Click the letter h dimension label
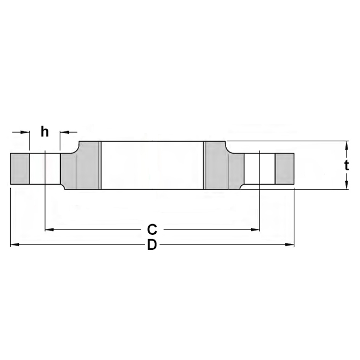point(45,132)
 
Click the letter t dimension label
point(347,165)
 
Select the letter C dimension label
point(152,229)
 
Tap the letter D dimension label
point(152,244)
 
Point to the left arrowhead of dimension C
point(49,229)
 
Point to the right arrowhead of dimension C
point(255,229)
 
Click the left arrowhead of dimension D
point(15,244)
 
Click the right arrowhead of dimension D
point(290,244)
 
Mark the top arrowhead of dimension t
point(347,146)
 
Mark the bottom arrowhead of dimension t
point(347,185)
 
